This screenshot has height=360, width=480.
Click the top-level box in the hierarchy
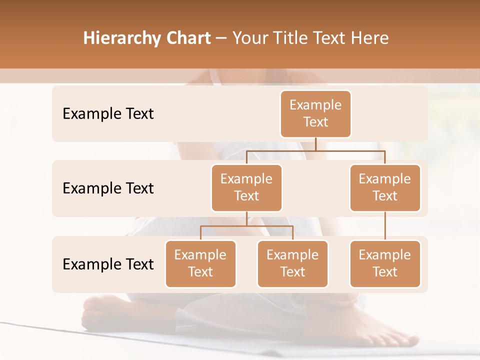click(x=315, y=113)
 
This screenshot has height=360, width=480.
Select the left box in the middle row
click(x=246, y=187)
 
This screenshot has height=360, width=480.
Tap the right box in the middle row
click(x=385, y=187)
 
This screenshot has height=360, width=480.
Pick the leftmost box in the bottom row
click(x=200, y=263)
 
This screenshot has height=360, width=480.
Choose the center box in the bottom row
click(x=292, y=263)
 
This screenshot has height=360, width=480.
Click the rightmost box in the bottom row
click(x=385, y=263)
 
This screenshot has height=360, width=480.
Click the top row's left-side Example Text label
click(x=108, y=113)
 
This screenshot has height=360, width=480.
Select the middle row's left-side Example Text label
click(x=108, y=188)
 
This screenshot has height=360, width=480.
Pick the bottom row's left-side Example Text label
click(x=108, y=264)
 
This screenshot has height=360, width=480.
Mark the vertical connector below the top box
click(x=315, y=144)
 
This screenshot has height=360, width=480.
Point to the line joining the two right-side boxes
click(x=385, y=226)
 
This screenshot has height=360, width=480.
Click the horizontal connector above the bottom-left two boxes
click(x=246, y=226)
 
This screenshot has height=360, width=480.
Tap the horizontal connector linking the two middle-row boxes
click(x=315, y=150)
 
